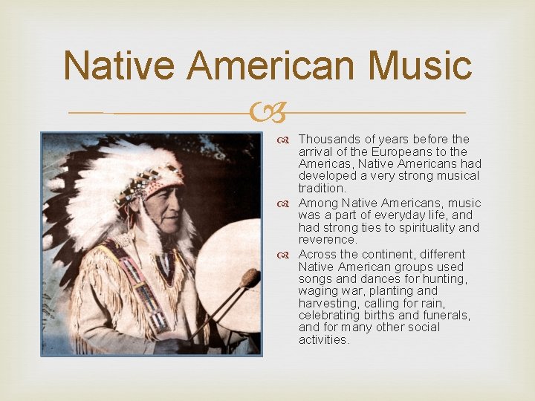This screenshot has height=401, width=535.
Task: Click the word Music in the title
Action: (x=421, y=66)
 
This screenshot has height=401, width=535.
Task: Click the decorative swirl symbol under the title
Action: (x=267, y=114)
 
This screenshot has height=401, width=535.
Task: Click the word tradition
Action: (x=322, y=189)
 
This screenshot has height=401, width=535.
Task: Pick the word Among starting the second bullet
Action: (x=317, y=203)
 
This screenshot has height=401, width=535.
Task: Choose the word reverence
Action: (x=328, y=240)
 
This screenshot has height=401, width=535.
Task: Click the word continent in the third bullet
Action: (x=378, y=254)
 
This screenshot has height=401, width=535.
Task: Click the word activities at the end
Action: (x=323, y=339)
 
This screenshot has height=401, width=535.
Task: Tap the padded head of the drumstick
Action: (x=250, y=278)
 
